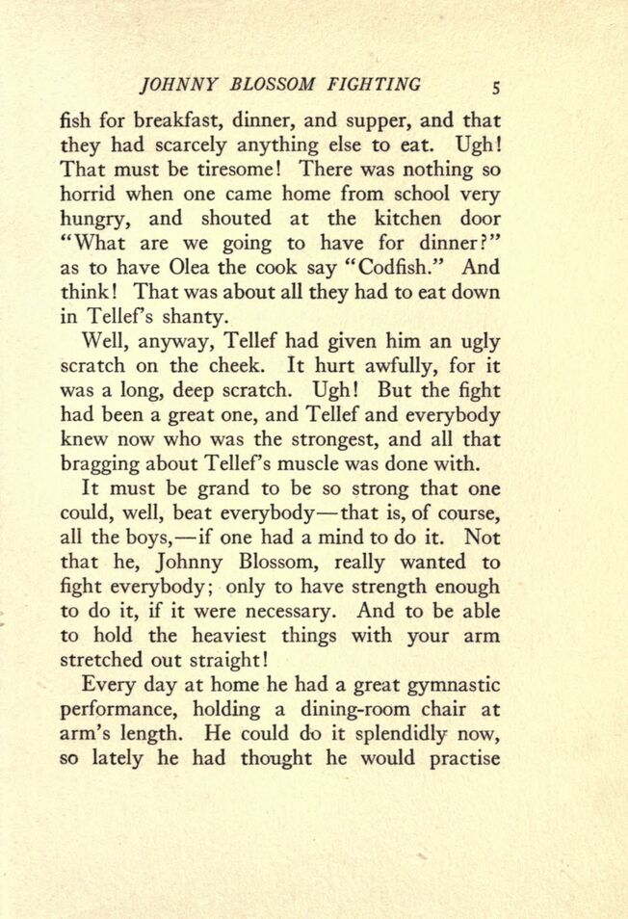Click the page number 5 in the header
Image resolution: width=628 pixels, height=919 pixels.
point(496,86)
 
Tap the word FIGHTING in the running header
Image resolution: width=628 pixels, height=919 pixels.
point(373,85)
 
